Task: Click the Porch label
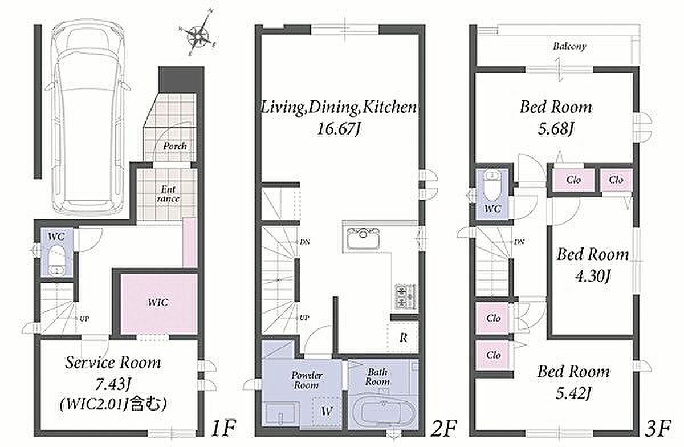click(175, 146)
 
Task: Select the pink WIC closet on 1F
click(158, 303)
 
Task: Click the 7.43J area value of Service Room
click(113, 384)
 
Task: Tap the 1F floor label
click(223, 428)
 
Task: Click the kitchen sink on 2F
click(363, 238)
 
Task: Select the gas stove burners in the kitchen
click(405, 296)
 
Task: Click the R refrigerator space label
click(404, 338)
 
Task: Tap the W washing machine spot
click(327, 411)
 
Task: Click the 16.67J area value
click(339, 129)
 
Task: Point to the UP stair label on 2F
click(304, 318)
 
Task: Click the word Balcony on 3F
click(570, 46)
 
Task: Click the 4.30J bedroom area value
click(592, 277)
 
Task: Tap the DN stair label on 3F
click(519, 242)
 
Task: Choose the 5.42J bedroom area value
click(573, 393)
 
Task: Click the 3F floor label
click(657, 428)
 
